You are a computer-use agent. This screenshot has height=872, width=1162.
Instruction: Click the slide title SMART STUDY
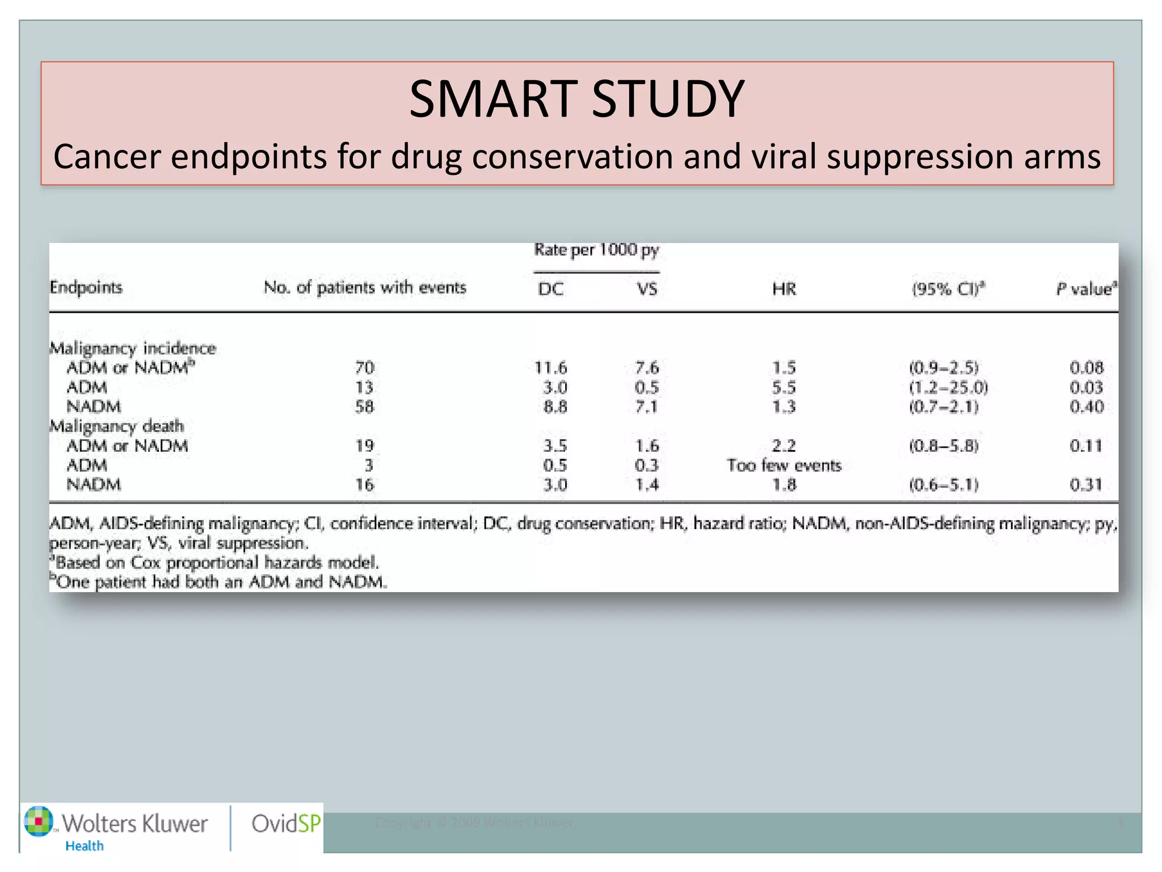pyautogui.click(x=576, y=99)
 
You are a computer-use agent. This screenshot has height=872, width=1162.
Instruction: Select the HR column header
pyautogui.click(x=784, y=289)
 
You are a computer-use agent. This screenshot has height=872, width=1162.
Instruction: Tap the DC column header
pyautogui.click(x=550, y=289)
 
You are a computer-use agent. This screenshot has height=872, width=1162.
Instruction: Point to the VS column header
pyautogui.click(x=647, y=289)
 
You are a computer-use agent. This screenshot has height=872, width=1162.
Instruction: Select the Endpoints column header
pyautogui.click(x=86, y=287)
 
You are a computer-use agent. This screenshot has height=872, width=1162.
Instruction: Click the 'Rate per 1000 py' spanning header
pyautogui.click(x=596, y=250)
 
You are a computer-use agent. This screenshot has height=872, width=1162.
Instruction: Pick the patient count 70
pyautogui.click(x=364, y=368)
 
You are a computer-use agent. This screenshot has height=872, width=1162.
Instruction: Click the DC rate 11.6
pyautogui.click(x=550, y=368)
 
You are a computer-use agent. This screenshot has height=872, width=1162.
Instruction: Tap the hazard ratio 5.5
pyautogui.click(x=784, y=387)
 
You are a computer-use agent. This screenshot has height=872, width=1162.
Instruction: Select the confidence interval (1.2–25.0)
pyautogui.click(x=948, y=387)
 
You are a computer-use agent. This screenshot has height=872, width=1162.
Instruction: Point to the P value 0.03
pyautogui.click(x=1086, y=387)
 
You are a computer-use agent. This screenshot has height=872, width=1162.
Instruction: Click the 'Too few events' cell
pyautogui.click(x=784, y=466)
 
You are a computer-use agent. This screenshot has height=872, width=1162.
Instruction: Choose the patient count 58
pyautogui.click(x=364, y=406)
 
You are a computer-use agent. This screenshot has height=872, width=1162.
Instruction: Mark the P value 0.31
pyautogui.click(x=1086, y=485)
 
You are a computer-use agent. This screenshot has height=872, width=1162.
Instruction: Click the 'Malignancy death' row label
pyautogui.click(x=117, y=426)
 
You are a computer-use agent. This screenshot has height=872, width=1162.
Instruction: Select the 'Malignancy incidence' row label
pyautogui.click(x=133, y=348)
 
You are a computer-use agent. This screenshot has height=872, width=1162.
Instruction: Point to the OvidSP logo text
pyautogui.click(x=285, y=823)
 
